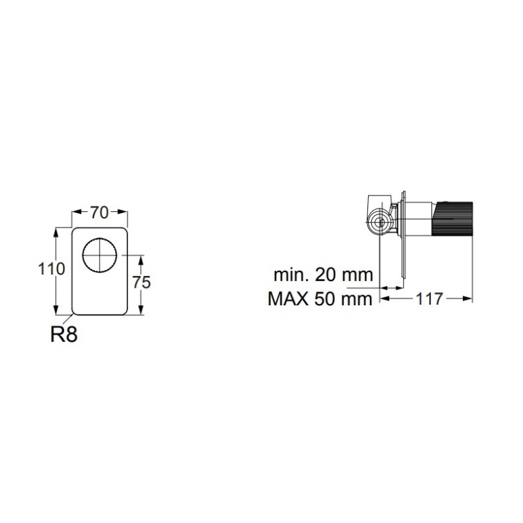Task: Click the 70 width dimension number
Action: [x=99, y=213]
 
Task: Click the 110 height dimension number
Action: [x=52, y=269]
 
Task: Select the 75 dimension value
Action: [x=141, y=282]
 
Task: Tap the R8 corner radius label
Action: [x=63, y=334]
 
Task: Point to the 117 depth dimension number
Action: [x=430, y=299]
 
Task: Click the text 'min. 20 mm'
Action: [x=323, y=275]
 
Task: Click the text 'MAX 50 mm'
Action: [x=320, y=299]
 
